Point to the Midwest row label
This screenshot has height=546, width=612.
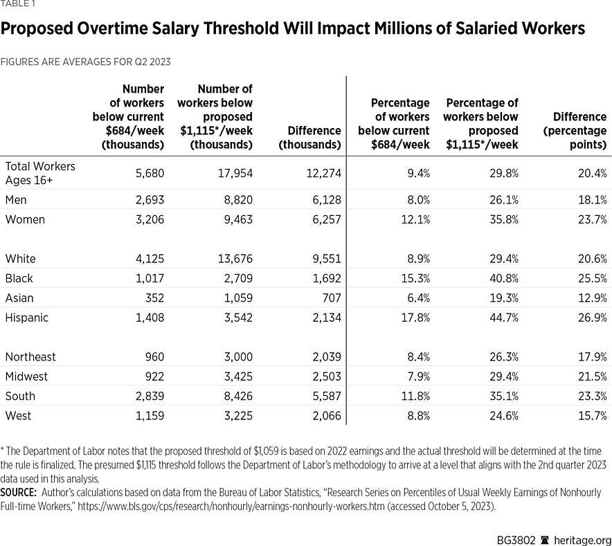pos(26,376)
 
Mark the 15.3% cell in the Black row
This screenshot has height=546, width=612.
pos(413,278)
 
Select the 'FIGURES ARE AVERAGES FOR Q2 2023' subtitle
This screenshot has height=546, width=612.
pos(85,62)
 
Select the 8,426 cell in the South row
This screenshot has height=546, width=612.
pos(236,396)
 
